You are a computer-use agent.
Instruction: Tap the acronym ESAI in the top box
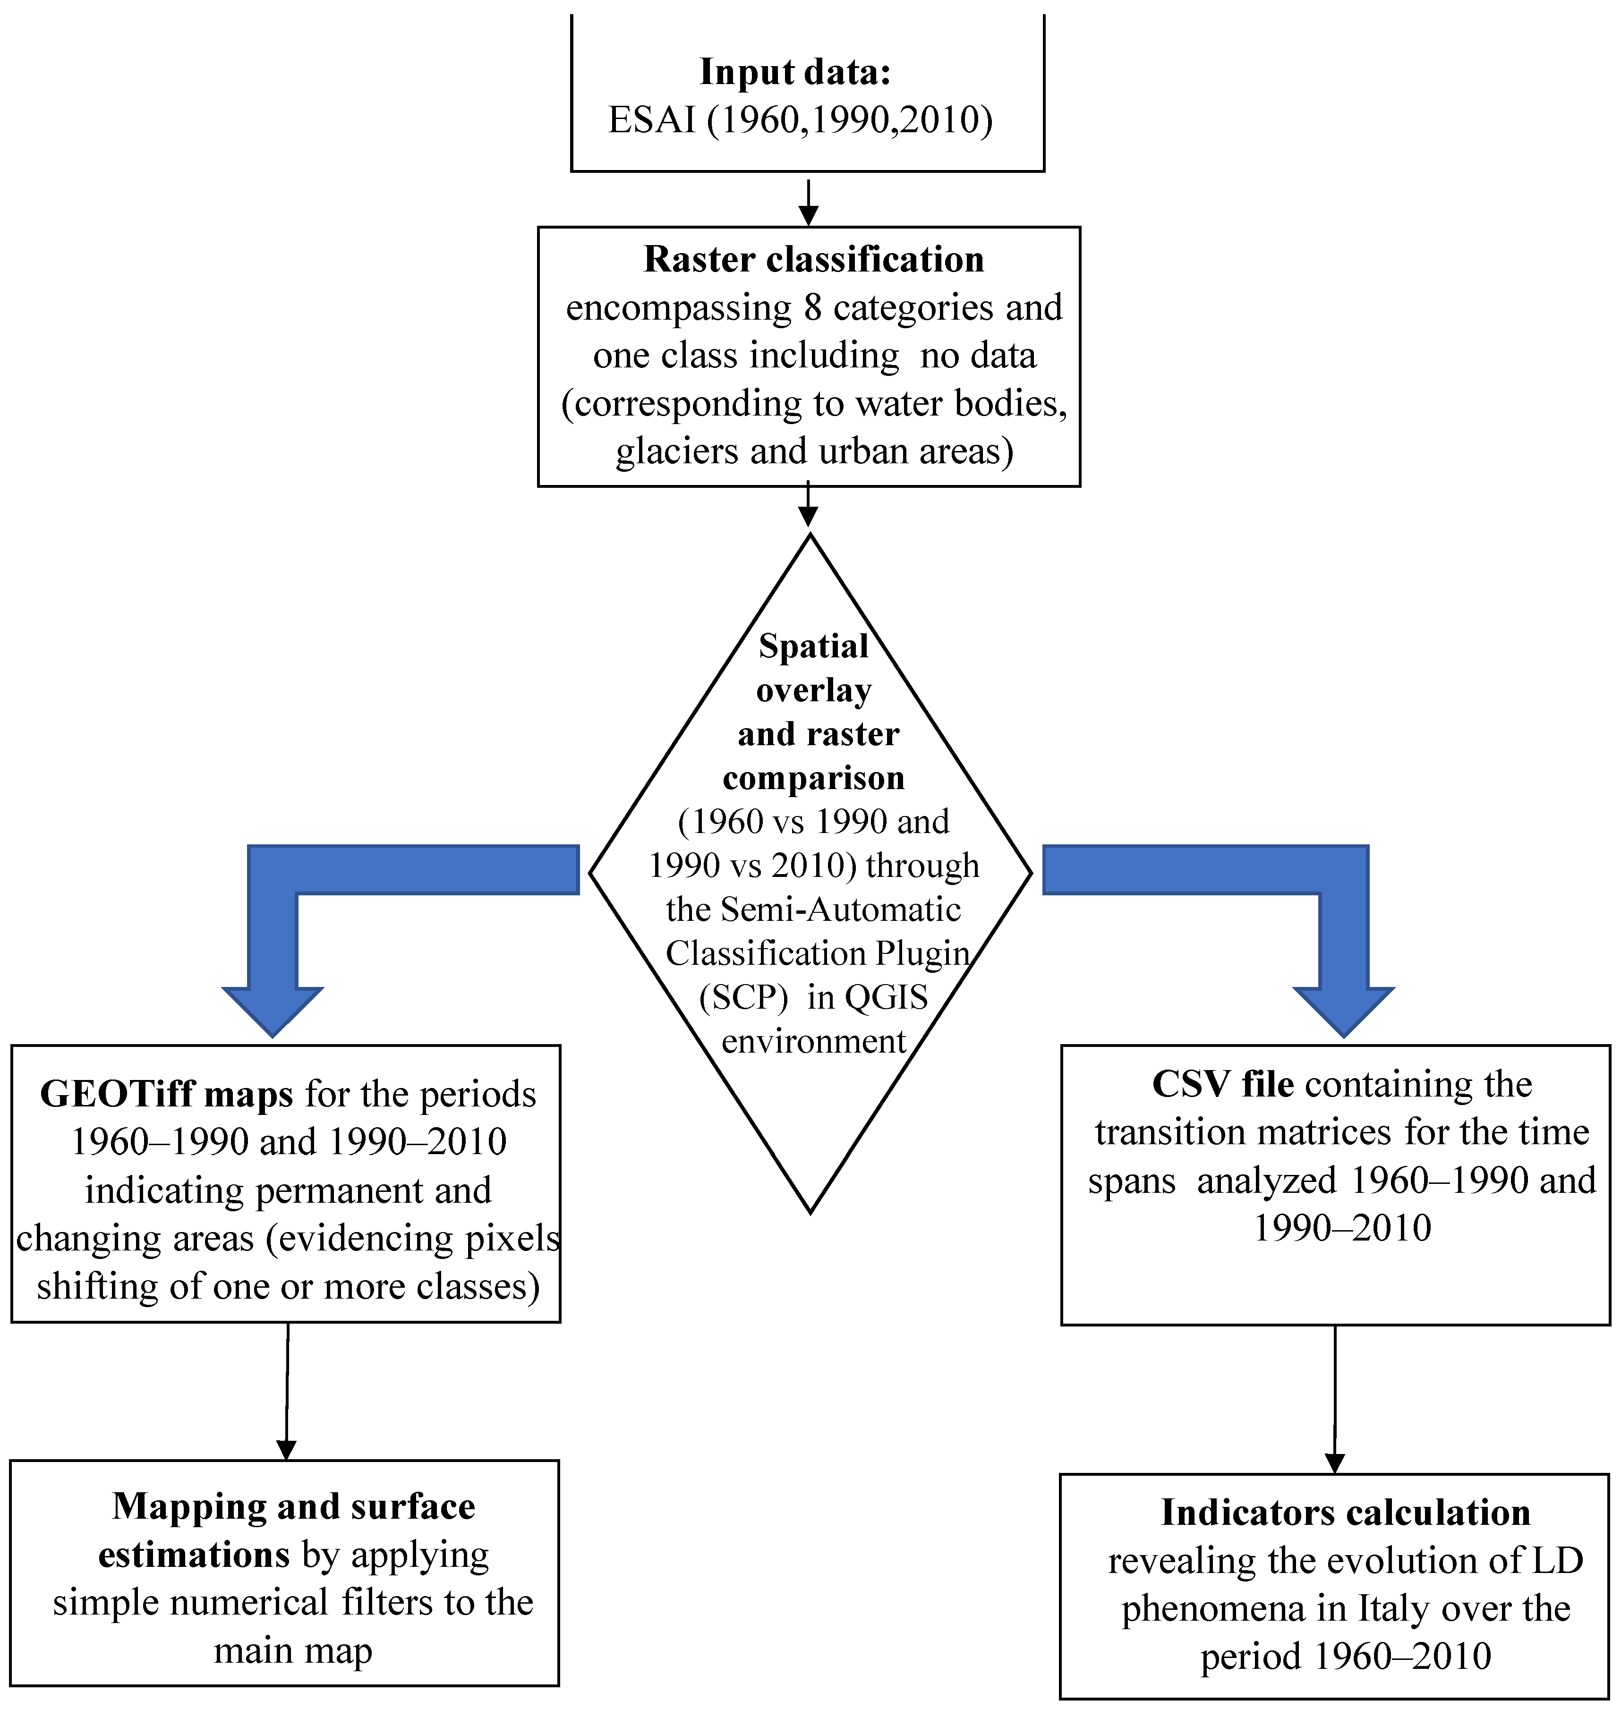pyautogui.click(x=651, y=120)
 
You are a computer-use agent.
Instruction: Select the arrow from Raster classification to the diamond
pyautogui.click(x=808, y=505)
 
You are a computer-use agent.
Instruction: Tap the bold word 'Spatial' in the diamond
pyautogui.click(x=813, y=646)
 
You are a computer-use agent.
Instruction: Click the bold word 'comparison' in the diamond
pyautogui.click(x=813, y=778)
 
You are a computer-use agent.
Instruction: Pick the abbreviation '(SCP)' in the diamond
pyautogui.click(x=743, y=998)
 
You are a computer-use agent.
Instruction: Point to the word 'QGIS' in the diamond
pyautogui.click(x=886, y=998)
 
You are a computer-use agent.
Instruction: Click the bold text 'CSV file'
pyautogui.click(x=1223, y=1085)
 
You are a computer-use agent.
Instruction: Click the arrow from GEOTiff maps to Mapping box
pyautogui.click(x=287, y=1391)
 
